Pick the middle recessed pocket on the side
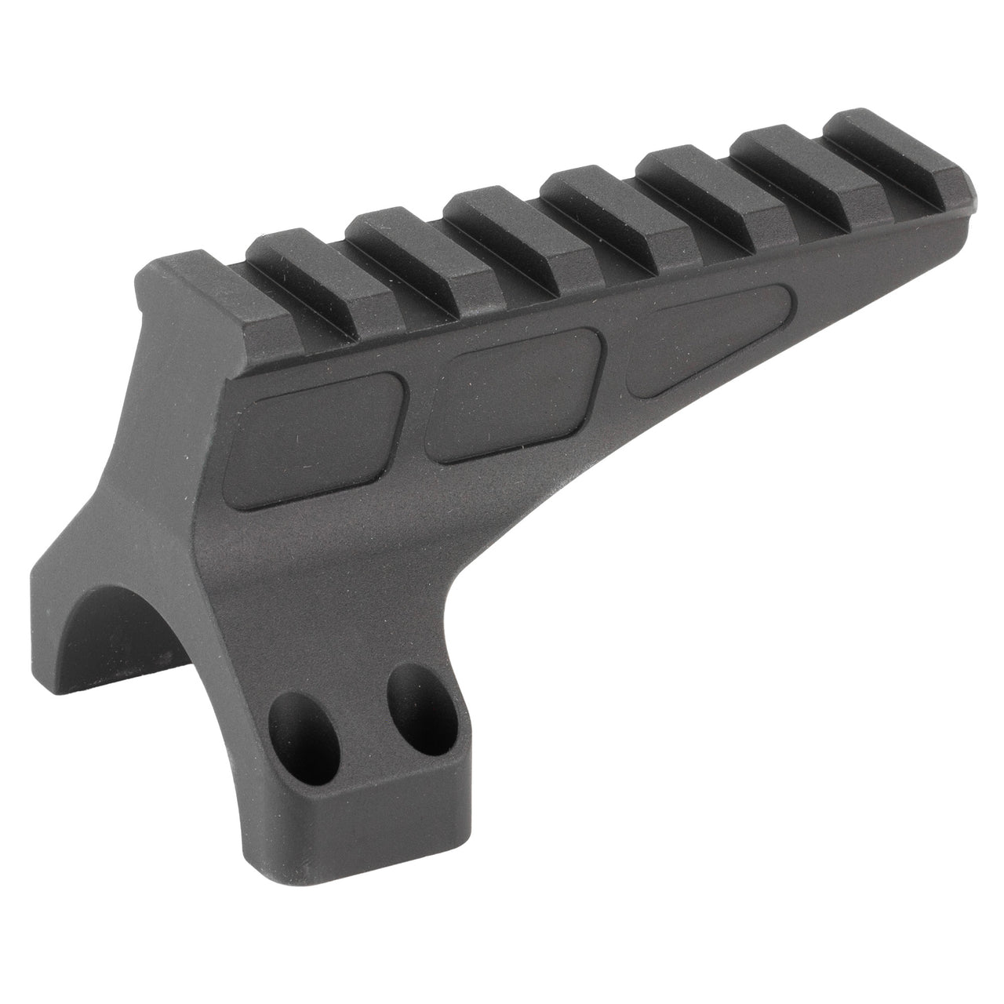click(514, 390)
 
